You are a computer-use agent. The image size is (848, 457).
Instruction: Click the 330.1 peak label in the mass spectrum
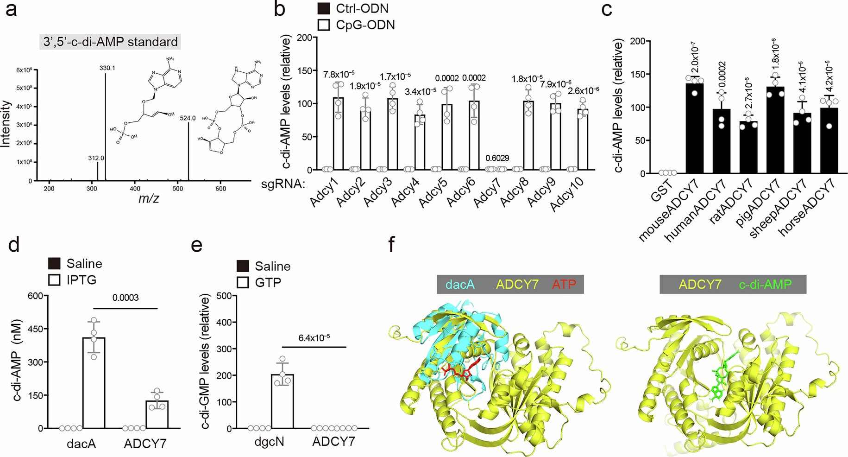107,68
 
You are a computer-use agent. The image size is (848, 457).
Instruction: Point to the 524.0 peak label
188,118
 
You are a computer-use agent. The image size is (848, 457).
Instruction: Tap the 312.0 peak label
96,158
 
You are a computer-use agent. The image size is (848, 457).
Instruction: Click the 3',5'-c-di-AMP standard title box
110,42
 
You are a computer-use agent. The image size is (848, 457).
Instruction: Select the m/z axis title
149,199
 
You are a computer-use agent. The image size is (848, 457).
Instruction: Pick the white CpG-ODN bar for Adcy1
338,134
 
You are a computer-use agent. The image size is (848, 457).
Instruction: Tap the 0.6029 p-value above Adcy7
497,158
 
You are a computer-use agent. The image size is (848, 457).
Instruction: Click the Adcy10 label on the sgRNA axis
568,195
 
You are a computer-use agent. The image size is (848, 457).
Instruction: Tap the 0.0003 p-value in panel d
126,298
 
